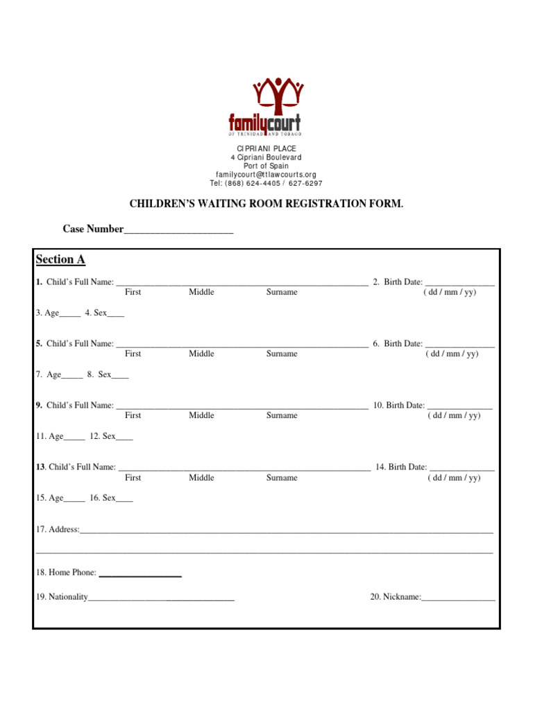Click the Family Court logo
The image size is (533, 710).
266,107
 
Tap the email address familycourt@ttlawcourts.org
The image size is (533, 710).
266,175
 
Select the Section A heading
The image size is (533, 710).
60,259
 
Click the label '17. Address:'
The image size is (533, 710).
58,529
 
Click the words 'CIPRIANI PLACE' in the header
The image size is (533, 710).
266,149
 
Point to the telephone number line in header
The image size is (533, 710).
266,184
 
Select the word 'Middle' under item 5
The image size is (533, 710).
201,354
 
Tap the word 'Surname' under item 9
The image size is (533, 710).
282,415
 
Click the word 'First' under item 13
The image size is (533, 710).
133,478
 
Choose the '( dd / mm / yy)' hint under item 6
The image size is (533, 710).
452,354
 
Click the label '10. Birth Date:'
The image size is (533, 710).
398,405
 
